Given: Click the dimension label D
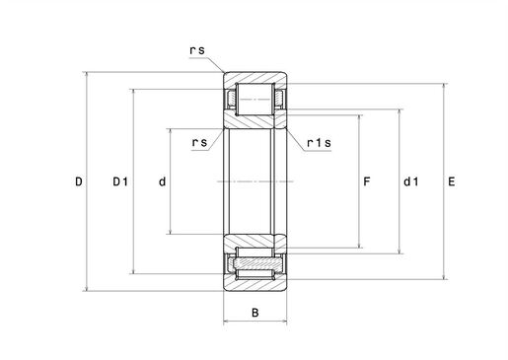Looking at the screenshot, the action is (x=79, y=181).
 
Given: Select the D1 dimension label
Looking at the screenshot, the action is (x=120, y=181).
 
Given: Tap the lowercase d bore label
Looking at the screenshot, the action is (x=163, y=181).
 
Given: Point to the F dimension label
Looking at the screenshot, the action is (x=367, y=181).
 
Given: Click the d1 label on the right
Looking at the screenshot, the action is (x=411, y=181).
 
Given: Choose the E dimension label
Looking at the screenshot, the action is (x=452, y=181).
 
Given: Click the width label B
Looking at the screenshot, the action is (x=255, y=313).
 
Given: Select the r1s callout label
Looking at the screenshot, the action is (x=319, y=143).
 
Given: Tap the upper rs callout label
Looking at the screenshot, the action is (x=197, y=50).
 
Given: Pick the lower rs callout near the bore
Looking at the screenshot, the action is (x=199, y=142).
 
